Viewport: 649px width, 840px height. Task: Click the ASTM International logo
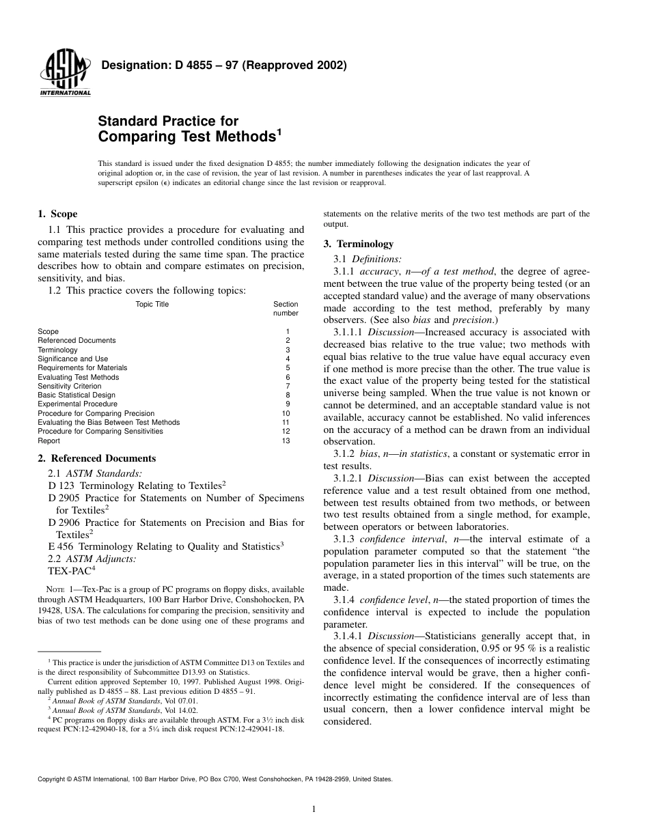pos(65,74)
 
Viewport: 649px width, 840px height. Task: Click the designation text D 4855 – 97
pos(224,66)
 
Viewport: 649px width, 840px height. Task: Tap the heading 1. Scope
pos(57,214)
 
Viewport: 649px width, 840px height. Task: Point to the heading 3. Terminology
pos(358,244)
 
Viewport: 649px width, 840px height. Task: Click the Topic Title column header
pos(152,305)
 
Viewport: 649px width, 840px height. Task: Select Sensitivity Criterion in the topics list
pos(69,386)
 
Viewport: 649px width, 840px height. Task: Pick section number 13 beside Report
pos(286,440)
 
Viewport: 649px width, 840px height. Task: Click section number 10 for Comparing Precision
pos(286,413)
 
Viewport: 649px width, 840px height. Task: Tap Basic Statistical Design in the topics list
pos(76,395)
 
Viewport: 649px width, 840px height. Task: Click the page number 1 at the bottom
pos(313,810)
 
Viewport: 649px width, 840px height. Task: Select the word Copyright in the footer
pos(53,779)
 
